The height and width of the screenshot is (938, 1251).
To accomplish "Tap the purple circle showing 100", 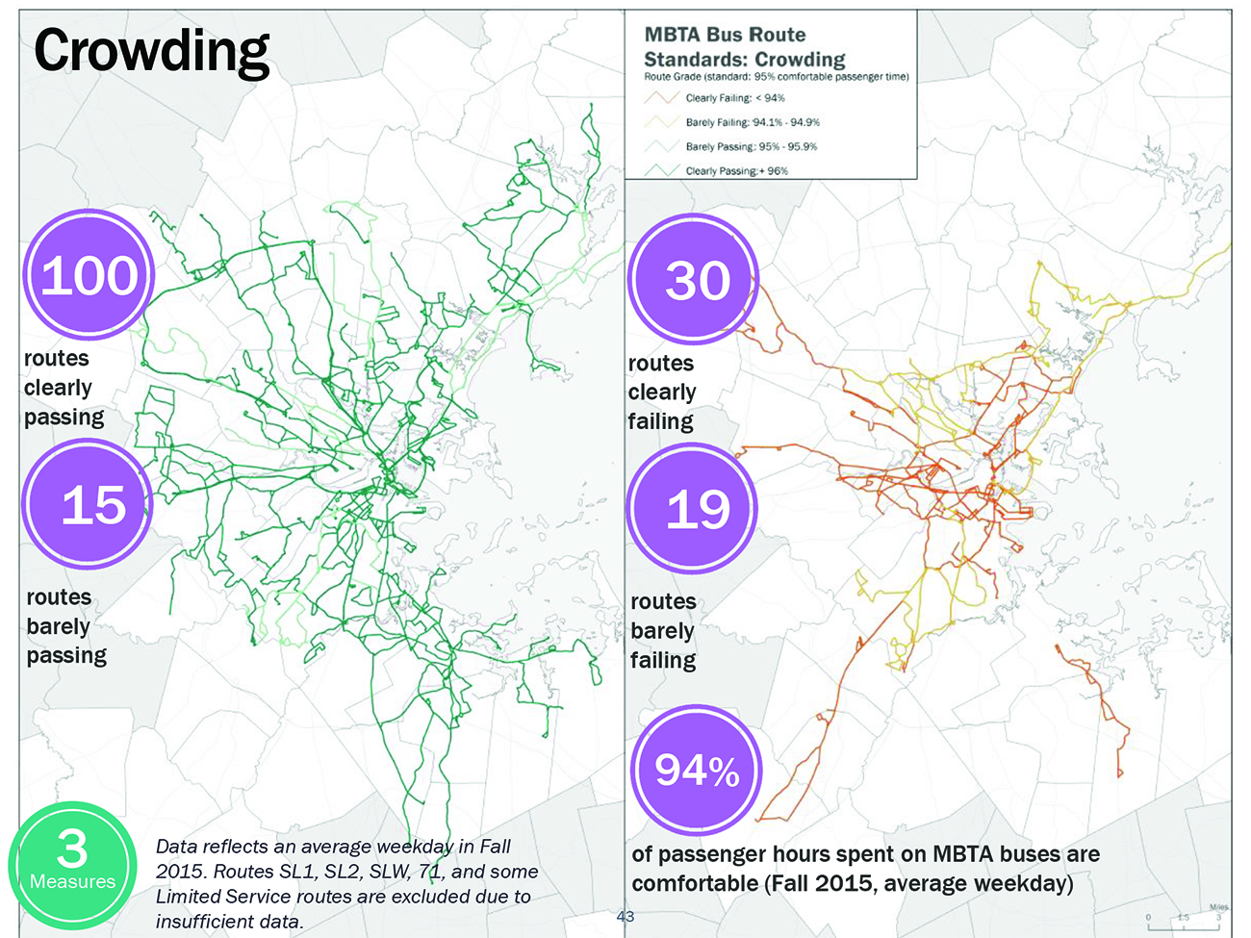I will (x=89, y=275).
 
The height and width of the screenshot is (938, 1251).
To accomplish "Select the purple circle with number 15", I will (x=89, y=504).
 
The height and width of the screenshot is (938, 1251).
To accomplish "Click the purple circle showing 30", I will (x=695, y=280).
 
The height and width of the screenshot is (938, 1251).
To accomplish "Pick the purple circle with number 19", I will (x=694, y=509).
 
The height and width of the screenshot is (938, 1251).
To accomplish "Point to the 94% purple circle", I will (x=697, y=770).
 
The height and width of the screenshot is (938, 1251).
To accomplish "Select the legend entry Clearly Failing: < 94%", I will (x=734, y=98).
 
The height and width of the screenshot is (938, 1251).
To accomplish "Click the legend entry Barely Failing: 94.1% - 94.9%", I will (x=752, y=122).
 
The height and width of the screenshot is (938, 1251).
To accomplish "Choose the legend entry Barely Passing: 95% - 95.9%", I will (x=751, y=146).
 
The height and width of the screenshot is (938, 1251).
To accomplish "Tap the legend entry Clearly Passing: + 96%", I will (x=736, y=170).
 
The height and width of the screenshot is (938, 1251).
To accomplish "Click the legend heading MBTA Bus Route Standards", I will (x=743, y=46).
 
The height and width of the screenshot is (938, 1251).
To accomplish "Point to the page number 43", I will (x=625, y=916).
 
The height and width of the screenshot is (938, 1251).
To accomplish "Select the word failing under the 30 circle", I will (x=660, y=421).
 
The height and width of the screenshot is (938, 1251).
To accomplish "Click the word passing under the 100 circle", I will (x=64, y=418).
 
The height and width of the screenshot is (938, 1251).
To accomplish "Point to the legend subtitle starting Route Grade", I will (x=776, y=77).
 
